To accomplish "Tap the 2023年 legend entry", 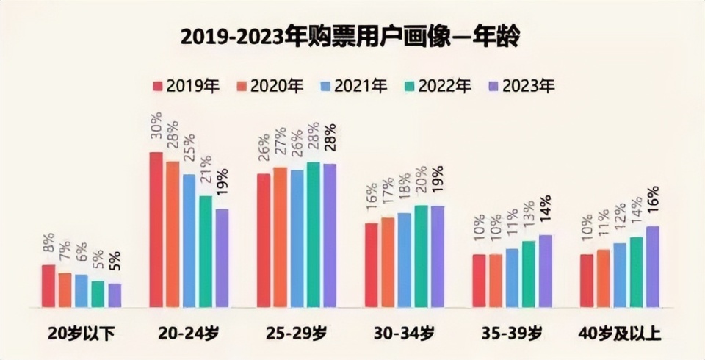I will tap(521, 86).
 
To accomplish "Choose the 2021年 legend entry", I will tap(353, 86).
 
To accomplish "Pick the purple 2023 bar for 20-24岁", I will tap(222, 258).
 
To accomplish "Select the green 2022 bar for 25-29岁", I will tap(314, 234).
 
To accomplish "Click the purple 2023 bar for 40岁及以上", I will tap(652, 267).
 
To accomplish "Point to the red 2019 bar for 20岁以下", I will tap(48, 286).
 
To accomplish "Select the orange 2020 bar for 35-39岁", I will tap(496, 281).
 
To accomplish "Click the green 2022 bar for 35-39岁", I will tap(529, 274).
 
